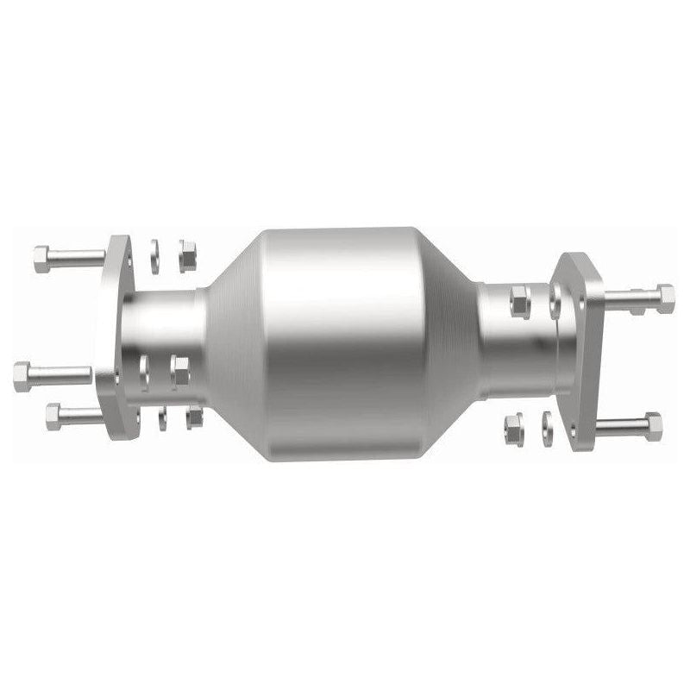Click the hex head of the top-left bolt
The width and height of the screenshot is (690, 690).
click(x=41, y=258)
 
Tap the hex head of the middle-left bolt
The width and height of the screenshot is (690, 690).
click(x=22, y=377)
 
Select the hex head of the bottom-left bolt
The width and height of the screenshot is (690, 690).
click(x=53, y=417)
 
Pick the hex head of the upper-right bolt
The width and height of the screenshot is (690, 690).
click(x=664, y=298)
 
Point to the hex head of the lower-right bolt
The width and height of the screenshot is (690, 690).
click(x=653, y=425)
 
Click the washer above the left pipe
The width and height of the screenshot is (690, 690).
click(x=154, y=255)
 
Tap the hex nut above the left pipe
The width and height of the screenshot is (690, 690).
click(x=187, y=255)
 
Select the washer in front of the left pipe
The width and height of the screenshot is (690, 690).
click(x=144, y=373)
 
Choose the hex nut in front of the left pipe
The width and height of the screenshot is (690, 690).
click(x=179, y=371)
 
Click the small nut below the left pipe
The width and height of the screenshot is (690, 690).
click(x=194, y=418)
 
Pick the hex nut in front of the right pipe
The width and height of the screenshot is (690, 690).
click(x=519, y=303)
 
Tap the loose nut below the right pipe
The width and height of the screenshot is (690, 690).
click(x=513, y=428)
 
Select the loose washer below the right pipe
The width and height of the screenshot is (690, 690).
click(x=547, y=429)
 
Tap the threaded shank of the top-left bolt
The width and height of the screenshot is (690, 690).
click(x=78, y=257)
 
